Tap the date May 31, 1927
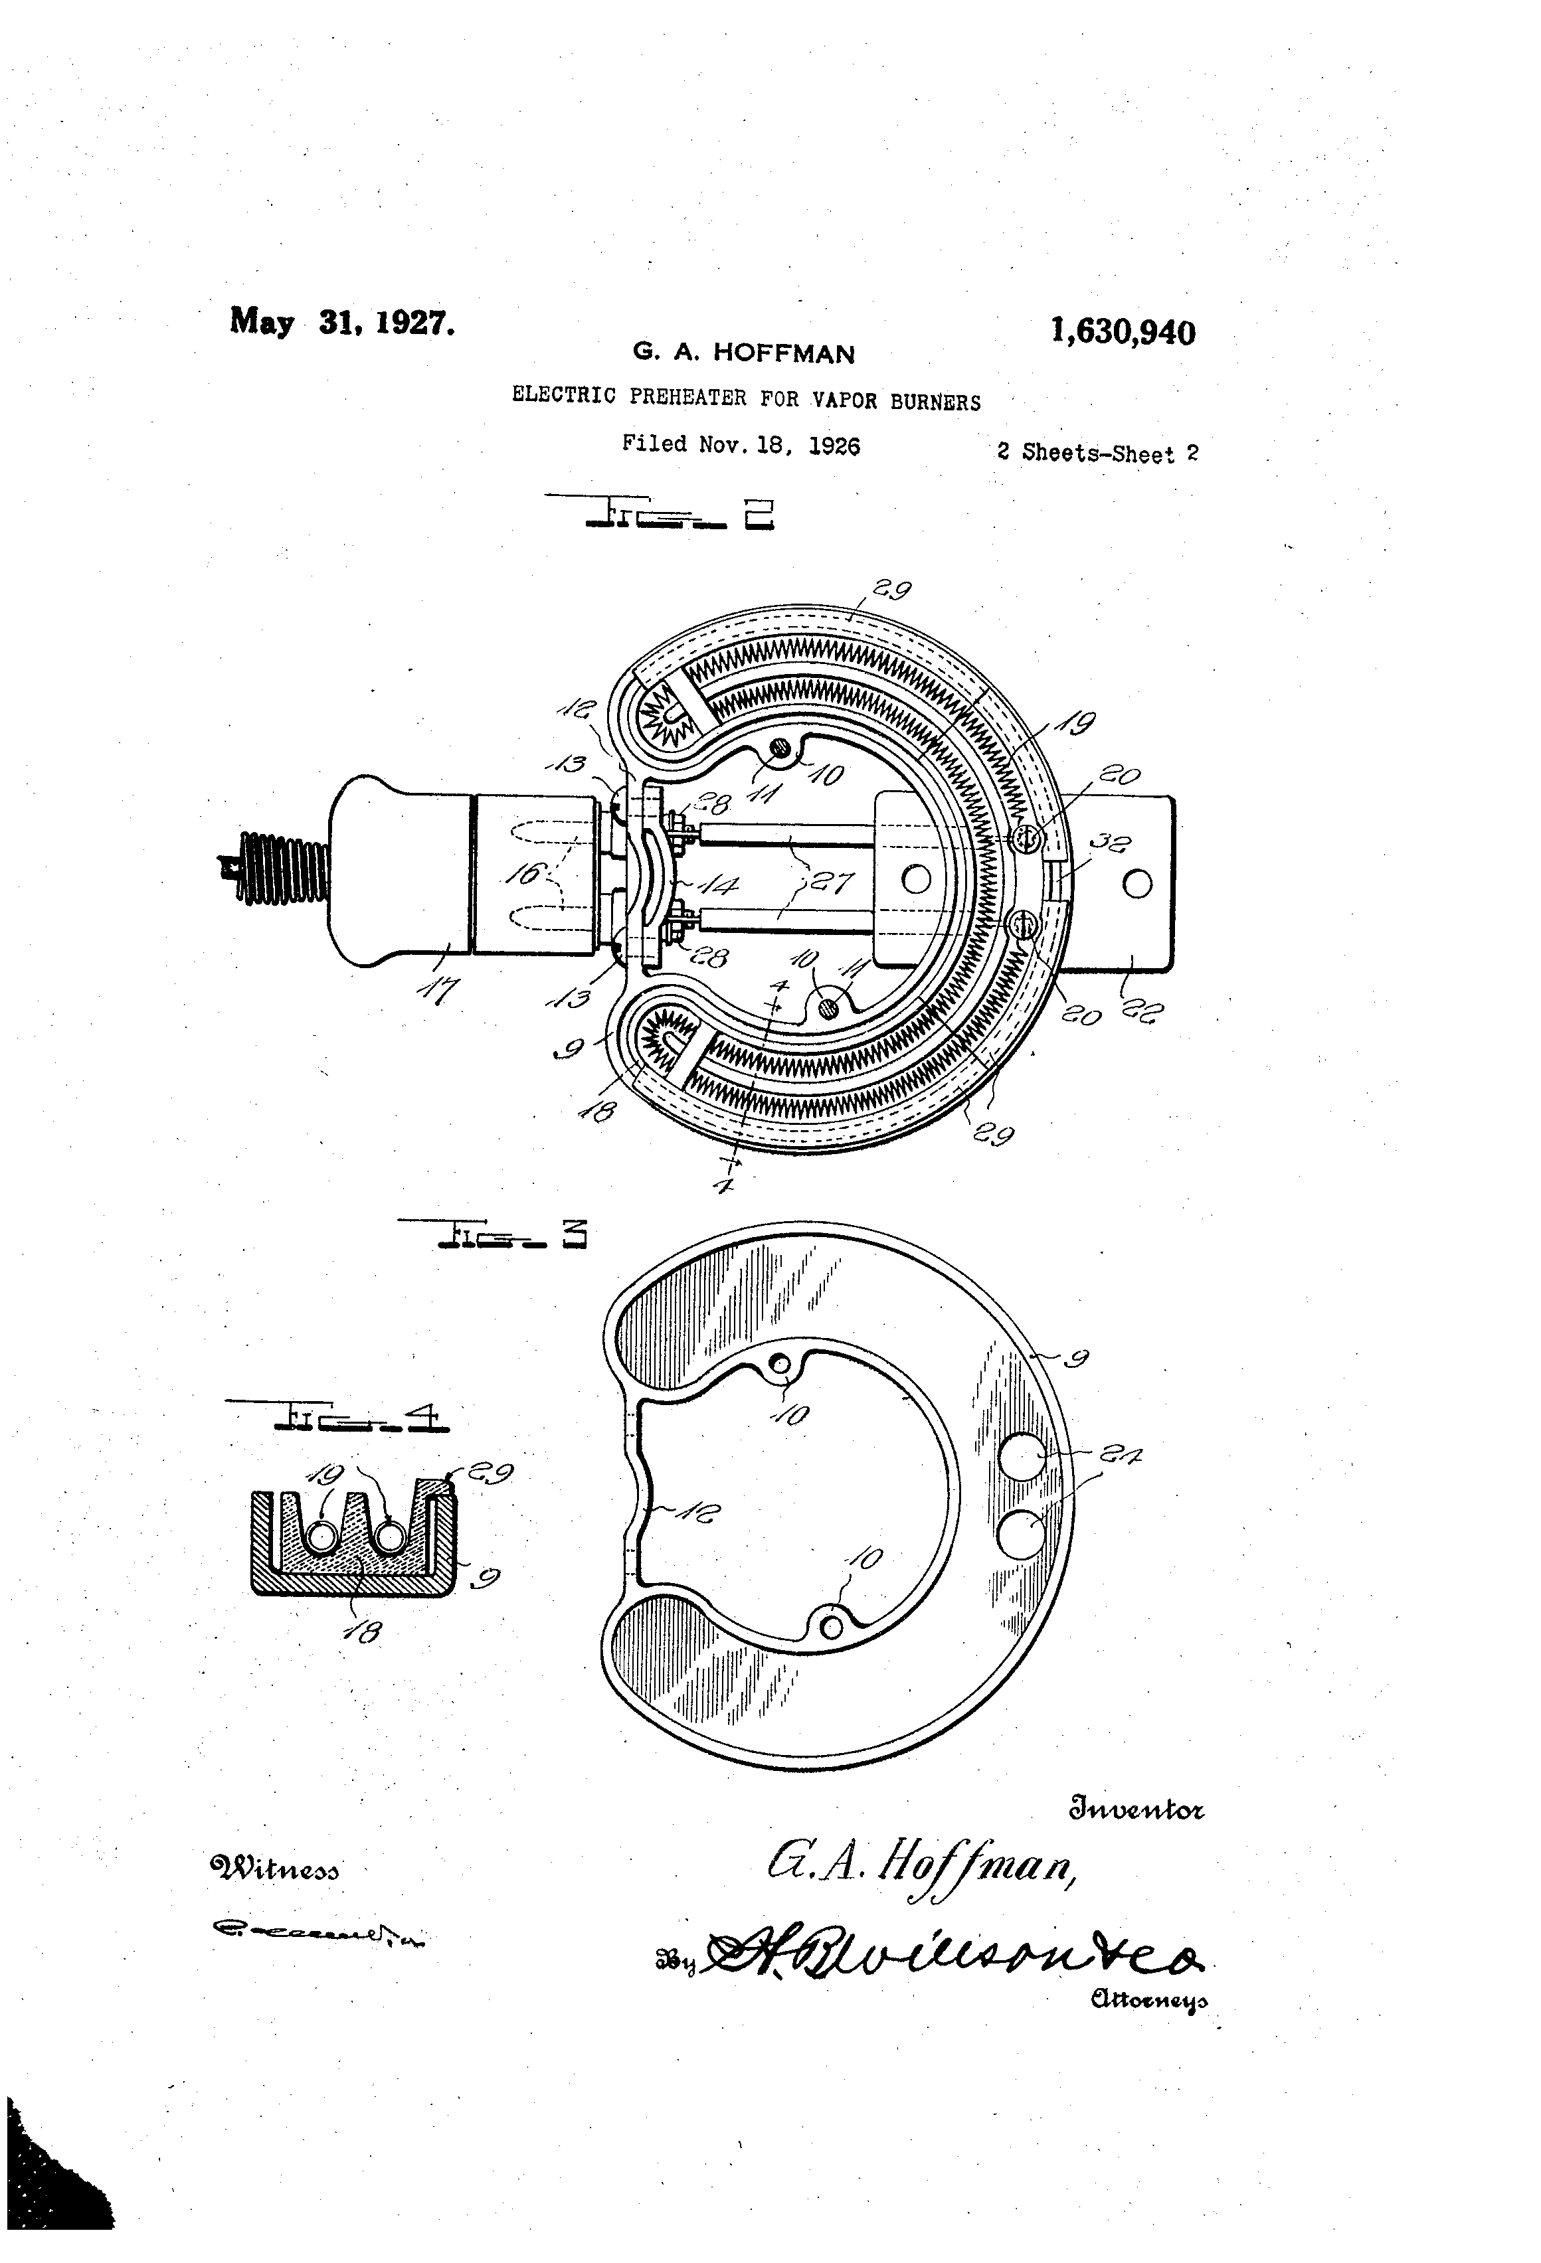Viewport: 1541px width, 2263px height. point(342,321)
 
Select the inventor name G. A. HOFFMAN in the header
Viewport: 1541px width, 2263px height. point(743,353)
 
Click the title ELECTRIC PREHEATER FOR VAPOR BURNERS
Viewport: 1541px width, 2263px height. point(746,398)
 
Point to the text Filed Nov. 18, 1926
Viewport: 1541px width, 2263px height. point(741,445)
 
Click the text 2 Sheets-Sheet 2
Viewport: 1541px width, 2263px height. point(1097,453)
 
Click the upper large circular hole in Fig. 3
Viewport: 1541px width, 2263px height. point(1022,1458)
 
